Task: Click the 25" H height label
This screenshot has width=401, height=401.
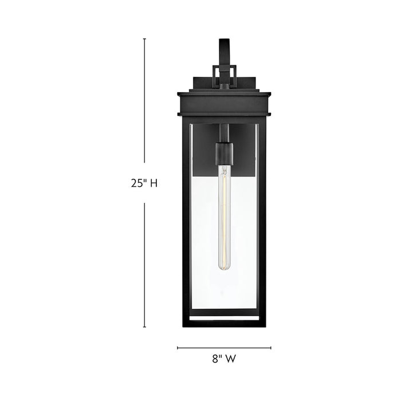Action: [143, 183]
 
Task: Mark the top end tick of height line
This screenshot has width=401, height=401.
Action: [144, 39]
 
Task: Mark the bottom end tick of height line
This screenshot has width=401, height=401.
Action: [144, 327]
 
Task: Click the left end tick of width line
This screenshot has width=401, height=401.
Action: [178, 347]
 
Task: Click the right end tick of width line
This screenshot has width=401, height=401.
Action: [271, 347]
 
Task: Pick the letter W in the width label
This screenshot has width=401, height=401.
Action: [231, 360]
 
